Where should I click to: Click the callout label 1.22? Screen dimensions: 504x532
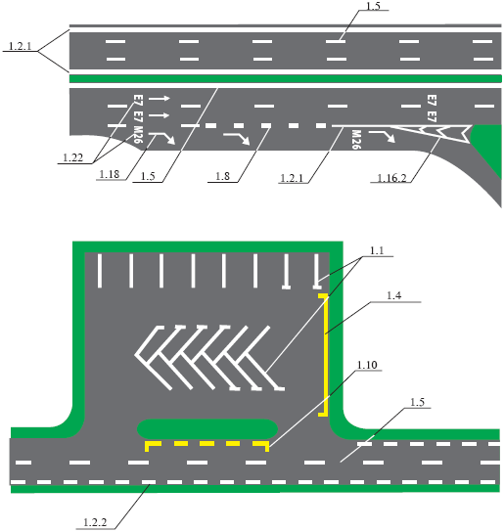point(73,157)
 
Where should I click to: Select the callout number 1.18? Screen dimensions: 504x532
point(110,174)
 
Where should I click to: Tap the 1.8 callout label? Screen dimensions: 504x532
point(222,176)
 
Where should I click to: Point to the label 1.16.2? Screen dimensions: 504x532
point(391,178)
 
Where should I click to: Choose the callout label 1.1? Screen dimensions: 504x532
point(377,250)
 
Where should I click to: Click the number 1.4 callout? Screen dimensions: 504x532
point(394,296)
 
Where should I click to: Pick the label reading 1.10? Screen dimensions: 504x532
point(367,365)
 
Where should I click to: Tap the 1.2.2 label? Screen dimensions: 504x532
point(95,522)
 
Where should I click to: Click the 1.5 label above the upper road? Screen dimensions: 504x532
point(373,6)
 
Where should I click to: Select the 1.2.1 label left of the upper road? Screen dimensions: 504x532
point(20,46)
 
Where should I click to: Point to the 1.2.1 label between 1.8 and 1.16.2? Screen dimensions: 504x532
point(292,178)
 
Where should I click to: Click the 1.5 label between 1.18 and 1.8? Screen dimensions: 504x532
point(148,176)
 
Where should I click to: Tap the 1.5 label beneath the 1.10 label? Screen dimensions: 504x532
point(418,402)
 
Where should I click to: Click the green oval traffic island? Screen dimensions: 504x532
point(207,429)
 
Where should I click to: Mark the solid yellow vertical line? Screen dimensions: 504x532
point(327,355)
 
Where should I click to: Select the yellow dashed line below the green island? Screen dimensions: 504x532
point(207,444)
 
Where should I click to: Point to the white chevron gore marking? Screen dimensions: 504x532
point(433,133)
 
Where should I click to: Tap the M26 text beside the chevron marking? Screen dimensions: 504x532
point(356,140)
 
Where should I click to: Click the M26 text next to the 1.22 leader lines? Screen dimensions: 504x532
point(138,135)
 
